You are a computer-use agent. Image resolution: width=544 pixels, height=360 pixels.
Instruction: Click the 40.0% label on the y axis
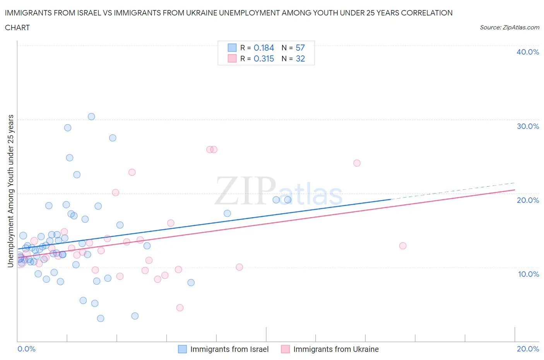[528, 52]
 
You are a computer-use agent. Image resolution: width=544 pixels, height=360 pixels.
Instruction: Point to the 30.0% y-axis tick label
[528, 126]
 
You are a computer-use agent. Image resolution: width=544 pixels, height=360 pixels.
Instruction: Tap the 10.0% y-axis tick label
[528, 274]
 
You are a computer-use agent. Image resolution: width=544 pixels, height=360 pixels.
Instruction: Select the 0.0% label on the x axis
[26, 349]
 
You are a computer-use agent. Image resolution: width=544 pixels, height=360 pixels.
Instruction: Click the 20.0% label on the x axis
[528, 349]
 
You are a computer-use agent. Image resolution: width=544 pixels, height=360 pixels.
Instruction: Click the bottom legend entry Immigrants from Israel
[229, 349]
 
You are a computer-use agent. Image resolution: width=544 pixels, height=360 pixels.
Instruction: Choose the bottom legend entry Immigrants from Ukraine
[335, 349]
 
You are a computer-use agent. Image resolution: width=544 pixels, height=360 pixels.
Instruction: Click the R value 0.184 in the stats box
[264, 48]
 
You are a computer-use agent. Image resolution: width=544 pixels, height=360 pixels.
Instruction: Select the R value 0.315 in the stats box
[264, 58]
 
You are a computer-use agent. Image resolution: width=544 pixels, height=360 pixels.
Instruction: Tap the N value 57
[300, 48]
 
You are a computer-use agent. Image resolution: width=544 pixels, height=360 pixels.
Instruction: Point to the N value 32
[300, 58]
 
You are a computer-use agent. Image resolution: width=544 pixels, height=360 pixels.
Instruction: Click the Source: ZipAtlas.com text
[509, 27]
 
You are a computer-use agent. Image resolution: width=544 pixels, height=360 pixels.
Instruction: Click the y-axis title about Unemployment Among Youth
[10, 191]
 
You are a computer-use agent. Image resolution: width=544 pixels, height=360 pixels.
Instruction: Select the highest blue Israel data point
[91, 117]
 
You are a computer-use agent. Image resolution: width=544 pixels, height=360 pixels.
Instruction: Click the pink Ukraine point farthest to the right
[403, 246]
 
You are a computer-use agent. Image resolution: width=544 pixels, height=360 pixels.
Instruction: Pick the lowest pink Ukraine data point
[180, 308]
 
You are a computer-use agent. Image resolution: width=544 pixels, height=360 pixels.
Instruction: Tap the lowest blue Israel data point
[101, 318]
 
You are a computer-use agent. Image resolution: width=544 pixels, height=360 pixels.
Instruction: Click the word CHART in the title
[17, 27]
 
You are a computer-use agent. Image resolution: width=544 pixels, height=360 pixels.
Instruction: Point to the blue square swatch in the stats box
[232, 48]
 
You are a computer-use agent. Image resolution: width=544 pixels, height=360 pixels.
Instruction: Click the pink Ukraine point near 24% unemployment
[357, 163]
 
